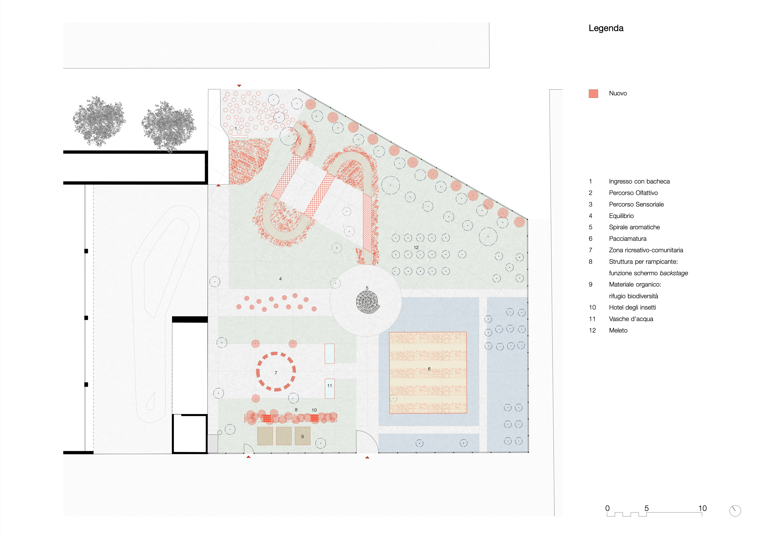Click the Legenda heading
606,29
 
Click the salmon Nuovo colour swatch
593,94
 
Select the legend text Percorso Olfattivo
633,193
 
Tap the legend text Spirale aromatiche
634,227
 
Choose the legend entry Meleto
618,330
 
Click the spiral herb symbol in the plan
367,302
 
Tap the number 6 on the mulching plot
429,369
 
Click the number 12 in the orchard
416,247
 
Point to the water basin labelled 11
329,388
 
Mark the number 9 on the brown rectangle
302,437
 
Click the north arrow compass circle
735,511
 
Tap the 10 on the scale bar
702,508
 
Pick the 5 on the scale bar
646,508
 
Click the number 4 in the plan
281,279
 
